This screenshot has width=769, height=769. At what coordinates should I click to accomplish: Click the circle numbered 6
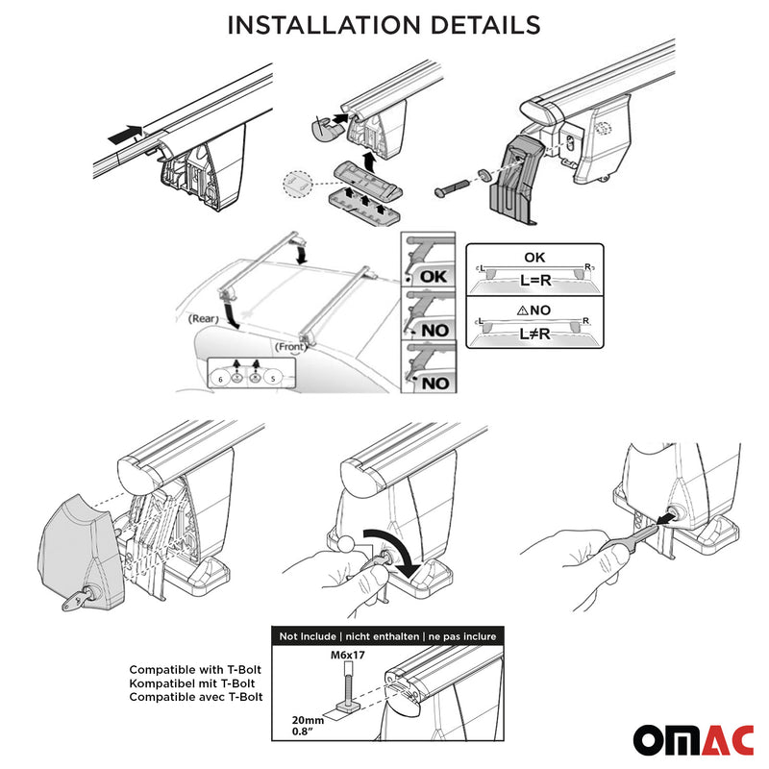coord(221,381)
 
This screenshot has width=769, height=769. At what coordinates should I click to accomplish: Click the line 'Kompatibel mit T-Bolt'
coord(196,682)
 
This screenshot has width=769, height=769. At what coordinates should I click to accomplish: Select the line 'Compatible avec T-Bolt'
coord(196,696)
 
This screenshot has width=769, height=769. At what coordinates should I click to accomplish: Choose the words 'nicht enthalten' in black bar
coord(381,636)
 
